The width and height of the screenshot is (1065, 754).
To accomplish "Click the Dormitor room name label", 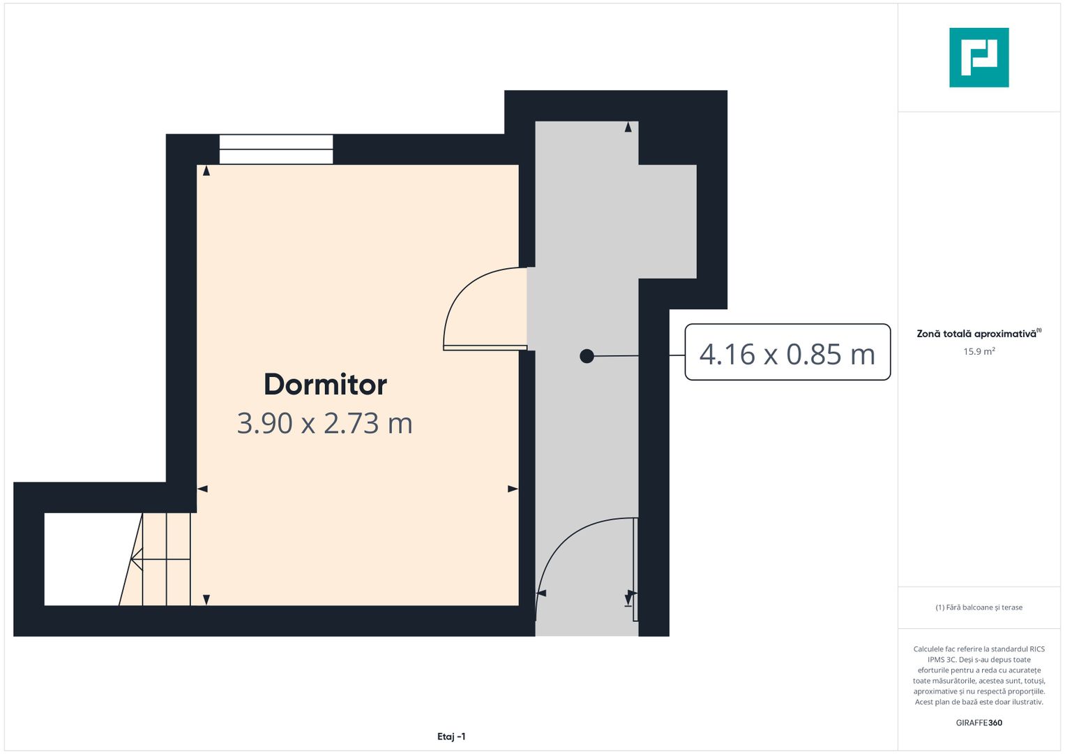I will point(325,384).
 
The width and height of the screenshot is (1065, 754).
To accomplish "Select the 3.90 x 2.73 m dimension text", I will point(325,423).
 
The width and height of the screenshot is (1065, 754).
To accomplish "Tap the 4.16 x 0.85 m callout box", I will point(787,353).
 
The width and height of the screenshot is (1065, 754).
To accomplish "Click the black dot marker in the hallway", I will point(587,356).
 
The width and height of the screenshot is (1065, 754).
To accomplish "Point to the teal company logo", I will point(979,57).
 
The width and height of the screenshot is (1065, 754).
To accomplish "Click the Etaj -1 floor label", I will point(451,737).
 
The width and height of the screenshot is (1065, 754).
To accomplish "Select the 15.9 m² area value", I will point(979,351).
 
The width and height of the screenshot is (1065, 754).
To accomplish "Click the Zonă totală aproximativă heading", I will point(977,334).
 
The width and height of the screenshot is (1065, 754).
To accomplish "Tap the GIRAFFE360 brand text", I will point(979,723).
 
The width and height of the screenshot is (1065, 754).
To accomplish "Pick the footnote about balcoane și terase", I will point(979,607).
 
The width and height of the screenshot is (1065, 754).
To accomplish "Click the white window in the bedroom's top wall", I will point(276,149).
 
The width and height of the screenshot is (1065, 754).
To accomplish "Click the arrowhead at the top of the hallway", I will point(628,127).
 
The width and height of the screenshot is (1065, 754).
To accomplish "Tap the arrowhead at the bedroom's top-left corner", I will point(206,170).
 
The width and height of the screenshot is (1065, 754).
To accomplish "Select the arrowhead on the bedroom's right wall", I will point(513,489).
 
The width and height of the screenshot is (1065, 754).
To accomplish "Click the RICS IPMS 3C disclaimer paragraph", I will point(979,675).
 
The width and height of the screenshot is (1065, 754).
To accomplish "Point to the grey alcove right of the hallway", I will point(667,221).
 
